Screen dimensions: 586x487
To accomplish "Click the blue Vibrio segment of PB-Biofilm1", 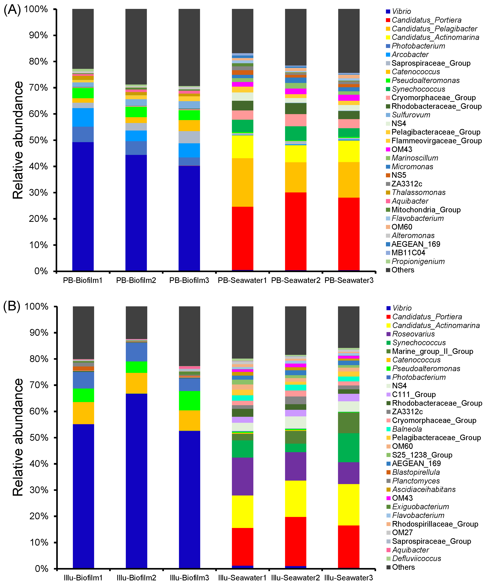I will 83,207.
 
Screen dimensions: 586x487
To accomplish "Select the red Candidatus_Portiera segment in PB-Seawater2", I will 295,232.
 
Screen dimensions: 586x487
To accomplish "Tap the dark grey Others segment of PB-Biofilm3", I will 189,47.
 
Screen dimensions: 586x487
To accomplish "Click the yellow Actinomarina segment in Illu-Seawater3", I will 348,505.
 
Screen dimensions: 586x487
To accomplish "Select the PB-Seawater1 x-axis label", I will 242,280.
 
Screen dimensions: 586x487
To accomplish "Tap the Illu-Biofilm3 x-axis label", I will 189,578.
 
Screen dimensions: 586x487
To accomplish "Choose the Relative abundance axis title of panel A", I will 18,140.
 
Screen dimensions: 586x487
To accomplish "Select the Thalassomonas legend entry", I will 418,193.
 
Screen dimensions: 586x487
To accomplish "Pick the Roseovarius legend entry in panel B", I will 413,334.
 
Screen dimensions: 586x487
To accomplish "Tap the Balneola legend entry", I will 407,429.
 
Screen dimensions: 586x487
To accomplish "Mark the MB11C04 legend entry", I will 408,253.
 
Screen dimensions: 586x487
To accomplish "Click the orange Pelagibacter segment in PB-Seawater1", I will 243,183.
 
